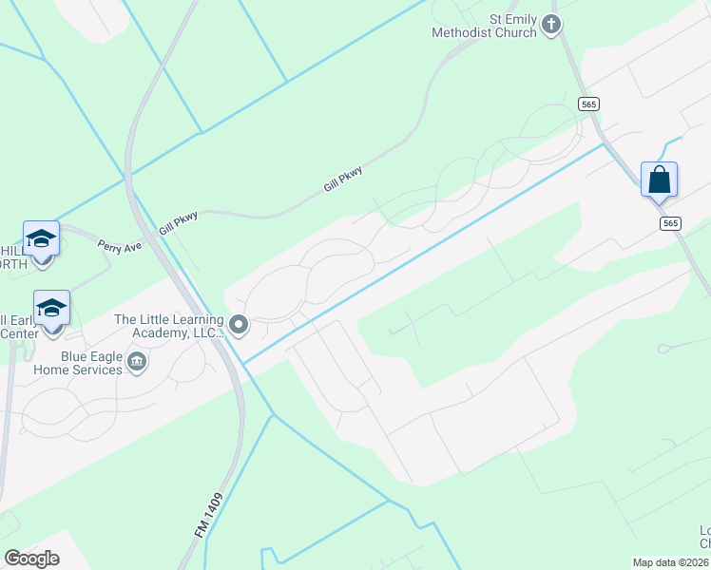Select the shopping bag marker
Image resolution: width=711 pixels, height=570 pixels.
pos(660,180)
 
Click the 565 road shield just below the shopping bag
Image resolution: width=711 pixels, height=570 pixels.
pos(669,222)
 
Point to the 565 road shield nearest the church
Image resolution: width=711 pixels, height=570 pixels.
pos(586,103)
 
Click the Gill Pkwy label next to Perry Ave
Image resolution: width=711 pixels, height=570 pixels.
pos(178,223)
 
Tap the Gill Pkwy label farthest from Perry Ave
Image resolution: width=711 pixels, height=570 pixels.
pos(343,178)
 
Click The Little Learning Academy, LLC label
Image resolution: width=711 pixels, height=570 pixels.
pos(168,326)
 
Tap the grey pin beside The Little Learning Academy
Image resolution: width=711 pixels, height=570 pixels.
pos(239,326)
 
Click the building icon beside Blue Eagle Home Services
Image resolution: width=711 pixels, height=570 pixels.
pos(137,362)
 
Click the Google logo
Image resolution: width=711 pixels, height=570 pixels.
pos(31,559)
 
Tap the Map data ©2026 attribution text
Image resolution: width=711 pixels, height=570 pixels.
pos(671,562)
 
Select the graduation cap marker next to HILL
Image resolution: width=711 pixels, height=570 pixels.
pos(41,237)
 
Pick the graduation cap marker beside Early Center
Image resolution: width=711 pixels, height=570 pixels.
pos(51,307)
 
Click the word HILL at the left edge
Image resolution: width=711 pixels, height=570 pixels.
pos(12,251)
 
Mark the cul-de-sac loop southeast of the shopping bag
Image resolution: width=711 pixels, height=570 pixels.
pos(663,349)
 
